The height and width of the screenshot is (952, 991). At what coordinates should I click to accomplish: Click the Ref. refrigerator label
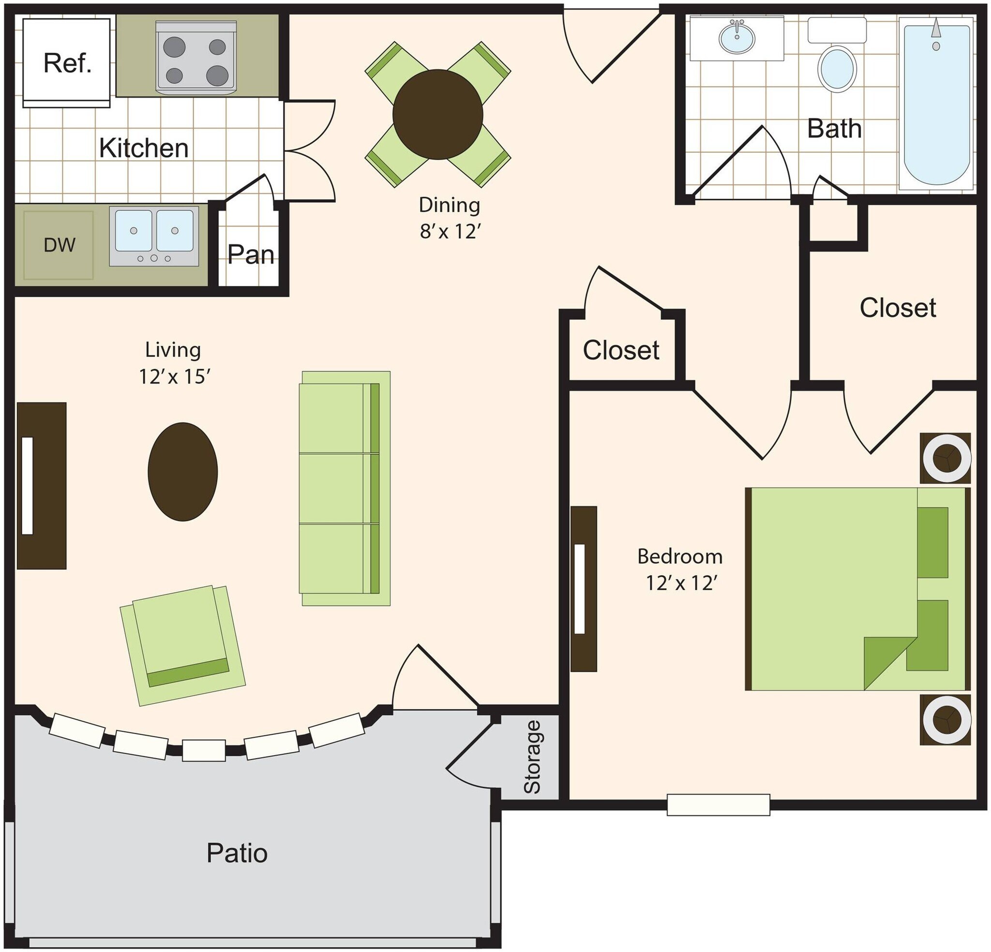[x=67, y=63]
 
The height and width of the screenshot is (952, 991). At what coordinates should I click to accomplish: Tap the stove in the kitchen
[x=195, y=58]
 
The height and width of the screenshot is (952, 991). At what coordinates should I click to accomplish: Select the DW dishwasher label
[x=59, y=245]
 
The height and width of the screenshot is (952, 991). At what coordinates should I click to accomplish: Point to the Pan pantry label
[x=250, y=255]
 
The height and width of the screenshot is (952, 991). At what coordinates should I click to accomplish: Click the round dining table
[x=437, y=115]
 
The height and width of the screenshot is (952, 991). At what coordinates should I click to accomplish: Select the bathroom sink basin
[x=736, y=37]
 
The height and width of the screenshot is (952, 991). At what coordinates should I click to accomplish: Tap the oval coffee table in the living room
[x=182, y=471]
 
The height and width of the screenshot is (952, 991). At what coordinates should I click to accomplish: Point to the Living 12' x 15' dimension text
[x=173, y=362]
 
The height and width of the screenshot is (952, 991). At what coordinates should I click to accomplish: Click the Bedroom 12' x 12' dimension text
[x=679, y=569]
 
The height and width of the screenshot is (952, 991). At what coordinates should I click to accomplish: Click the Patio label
[x=237, y=853]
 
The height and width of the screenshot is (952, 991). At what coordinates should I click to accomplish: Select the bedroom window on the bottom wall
[x=718, y=805]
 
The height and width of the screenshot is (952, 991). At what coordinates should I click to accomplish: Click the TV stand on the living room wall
[x=42, y=486]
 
